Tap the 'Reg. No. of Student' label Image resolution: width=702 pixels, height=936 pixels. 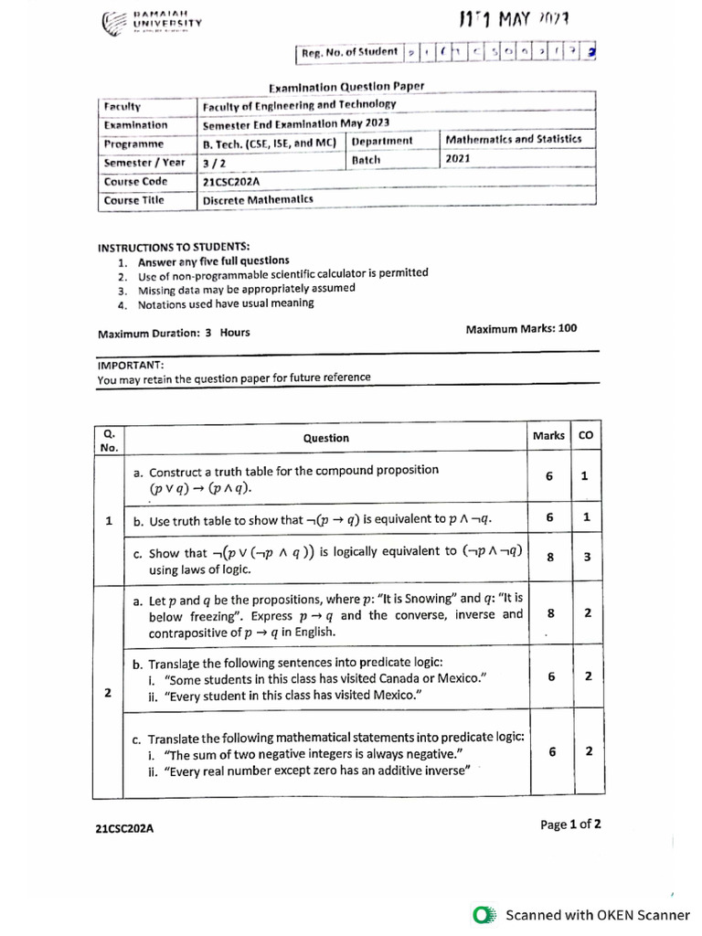coord(349,52)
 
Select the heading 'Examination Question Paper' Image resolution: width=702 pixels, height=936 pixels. coord(346,87)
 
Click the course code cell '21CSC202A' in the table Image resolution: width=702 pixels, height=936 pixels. coord(230,181)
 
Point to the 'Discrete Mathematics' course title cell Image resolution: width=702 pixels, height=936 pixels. coord(258,199)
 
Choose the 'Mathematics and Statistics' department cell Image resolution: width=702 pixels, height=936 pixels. coord(513,139)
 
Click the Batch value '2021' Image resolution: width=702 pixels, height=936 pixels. coord(457,158)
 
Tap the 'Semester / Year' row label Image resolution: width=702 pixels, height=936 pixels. coord(144,162)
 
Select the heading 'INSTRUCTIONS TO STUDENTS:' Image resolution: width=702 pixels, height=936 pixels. coord(173,247)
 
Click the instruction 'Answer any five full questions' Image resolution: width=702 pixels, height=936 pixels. coord(213,261)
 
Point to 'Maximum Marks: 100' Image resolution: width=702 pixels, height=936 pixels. coord(521,329)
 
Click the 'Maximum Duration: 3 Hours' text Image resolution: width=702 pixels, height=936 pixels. coord(174,333)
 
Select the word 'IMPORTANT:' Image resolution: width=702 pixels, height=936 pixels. coord(130,364)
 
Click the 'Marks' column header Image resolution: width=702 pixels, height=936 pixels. coord(548,436)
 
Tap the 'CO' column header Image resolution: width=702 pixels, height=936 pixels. coord(586,436)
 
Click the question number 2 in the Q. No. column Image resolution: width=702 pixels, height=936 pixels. coord(108,693)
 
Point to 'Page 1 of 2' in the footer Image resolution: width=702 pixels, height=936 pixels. coord(570,824)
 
